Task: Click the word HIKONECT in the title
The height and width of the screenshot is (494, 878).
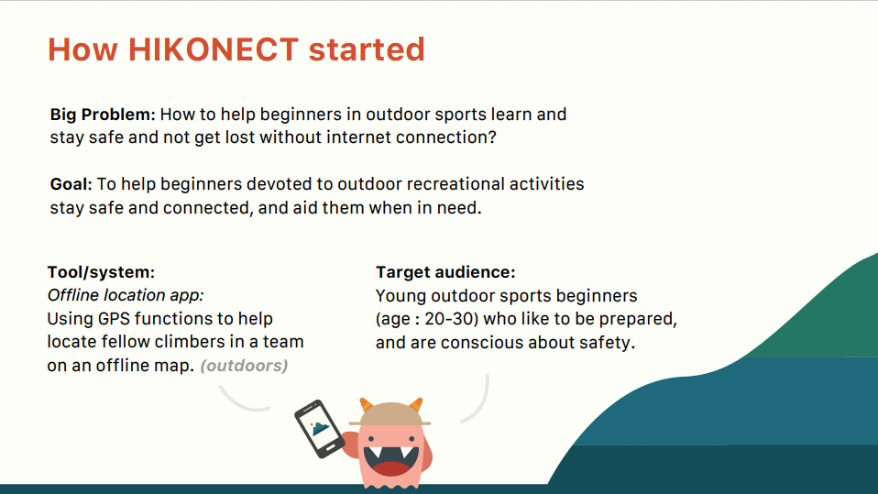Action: coord(214,49)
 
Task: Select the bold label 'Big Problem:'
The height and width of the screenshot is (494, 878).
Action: coord(103,115)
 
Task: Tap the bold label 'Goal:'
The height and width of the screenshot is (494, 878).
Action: coord(71,184)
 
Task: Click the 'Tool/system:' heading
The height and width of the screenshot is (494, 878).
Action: coord(101,272)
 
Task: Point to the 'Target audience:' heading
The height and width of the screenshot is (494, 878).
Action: coord(445,272)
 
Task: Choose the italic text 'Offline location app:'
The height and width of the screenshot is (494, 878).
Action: coord(126,295)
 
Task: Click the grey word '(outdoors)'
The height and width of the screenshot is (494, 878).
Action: coord(244,366)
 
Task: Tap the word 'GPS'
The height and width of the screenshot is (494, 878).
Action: coord(114,319)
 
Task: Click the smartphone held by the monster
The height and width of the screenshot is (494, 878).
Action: coord(319,429)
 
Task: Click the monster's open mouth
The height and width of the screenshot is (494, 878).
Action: coord(390,461)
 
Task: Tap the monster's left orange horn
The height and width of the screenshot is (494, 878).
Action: coord(367,404)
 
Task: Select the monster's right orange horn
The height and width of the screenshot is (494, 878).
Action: coord(416,404)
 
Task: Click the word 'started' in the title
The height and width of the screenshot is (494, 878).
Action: coord(367,49)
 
